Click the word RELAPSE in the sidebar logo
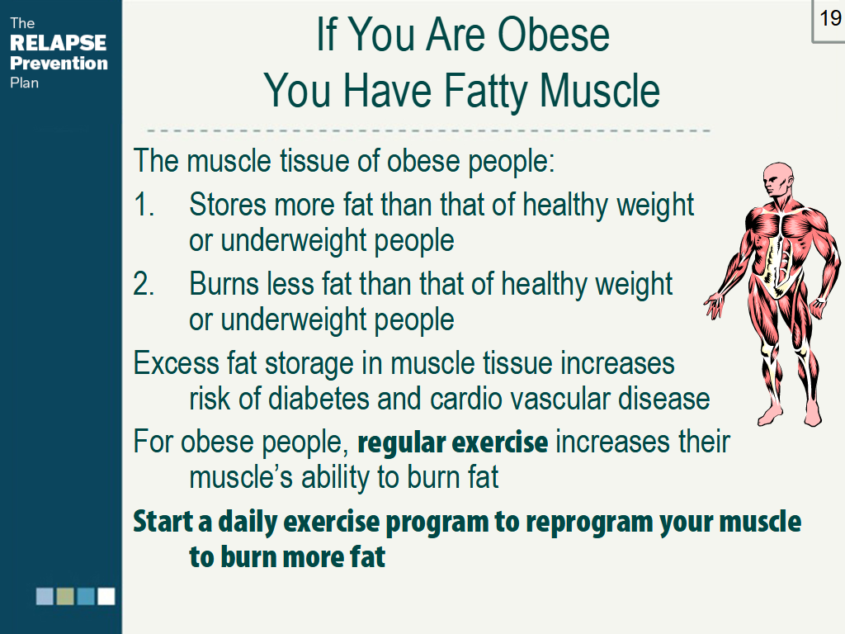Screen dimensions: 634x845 point(59,43)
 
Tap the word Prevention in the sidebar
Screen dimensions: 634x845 point(59,63)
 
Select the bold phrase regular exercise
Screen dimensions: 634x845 point(452,442)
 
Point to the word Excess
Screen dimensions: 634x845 point(176,363)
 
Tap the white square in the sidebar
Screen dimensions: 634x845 point(106,596)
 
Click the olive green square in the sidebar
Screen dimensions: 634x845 point(65,596)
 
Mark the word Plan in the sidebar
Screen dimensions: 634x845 point(25,83)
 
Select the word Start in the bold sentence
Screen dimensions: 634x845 point(163,522)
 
